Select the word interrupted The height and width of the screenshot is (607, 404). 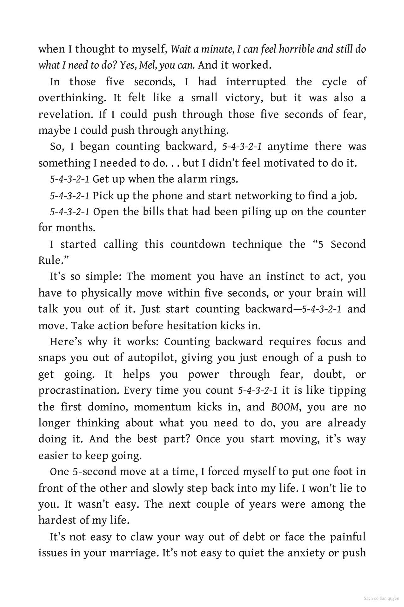pos(256,82)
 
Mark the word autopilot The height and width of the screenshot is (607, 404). pos(151,358)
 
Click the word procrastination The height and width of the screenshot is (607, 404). pos(79,390)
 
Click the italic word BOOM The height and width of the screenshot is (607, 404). pos(284,407)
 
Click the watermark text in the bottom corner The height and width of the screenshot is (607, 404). pos(381,598)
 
